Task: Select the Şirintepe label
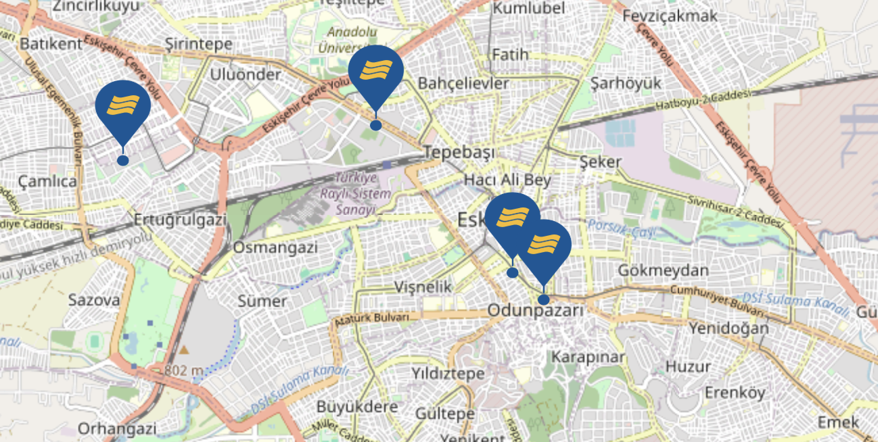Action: pyautogui.click(x=199, y=45)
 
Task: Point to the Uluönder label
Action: pyautogui.click(x=245, y=74)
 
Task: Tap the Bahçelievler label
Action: pyautogui.click(x=463, y=83)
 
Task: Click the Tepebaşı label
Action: pyautogui.click(x=459, y=152)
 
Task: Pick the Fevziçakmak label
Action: pyautogui.click(x=669, y=16)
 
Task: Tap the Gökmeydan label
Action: pyautogui.click(x=663, y=271)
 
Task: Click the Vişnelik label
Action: pyautogui.click(x=423, y=287)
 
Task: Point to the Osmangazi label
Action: pyautogui.click(x=275, y=247)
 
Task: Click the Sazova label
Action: pyautogui.click(x=94, y=300)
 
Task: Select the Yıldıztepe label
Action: pyautogui.click(x=448, y=373)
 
